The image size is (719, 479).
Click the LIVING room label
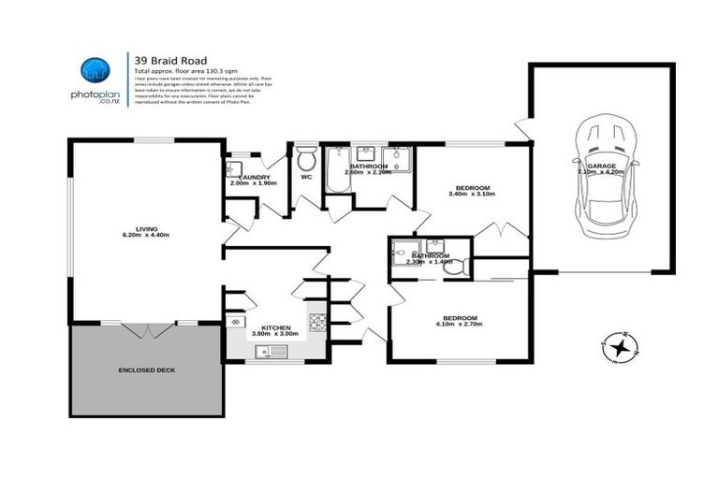click(x=146, y=227)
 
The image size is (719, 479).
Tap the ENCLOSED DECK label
click(x=146, y=370)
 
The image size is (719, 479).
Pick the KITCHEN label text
click(x=275, y=327)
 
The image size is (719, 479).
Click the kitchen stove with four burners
click(x=317, y=322)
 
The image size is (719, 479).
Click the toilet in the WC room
click(x=306, y=155)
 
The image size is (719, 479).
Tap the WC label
click(x=306, y=176)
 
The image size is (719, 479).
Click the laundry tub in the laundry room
click(x=234, y=168)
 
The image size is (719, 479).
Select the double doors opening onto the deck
click(x=147, y=329)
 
